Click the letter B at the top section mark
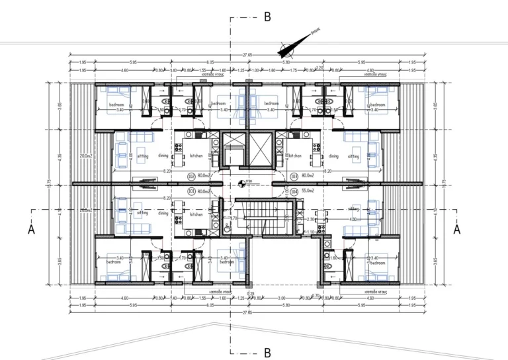tap(267, 17)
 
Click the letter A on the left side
tap(31, 229)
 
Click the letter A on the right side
tap(456, 229)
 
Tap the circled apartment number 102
tap(190, 177)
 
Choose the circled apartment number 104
tap(294, 191)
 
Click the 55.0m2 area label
tap(308, 191)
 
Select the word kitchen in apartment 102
tap(196, 156)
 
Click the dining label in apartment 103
tap(333, 156)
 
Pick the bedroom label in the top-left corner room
tap(117, 105)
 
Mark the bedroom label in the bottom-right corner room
tap(377, 263)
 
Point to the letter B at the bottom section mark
tap(267, 353)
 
